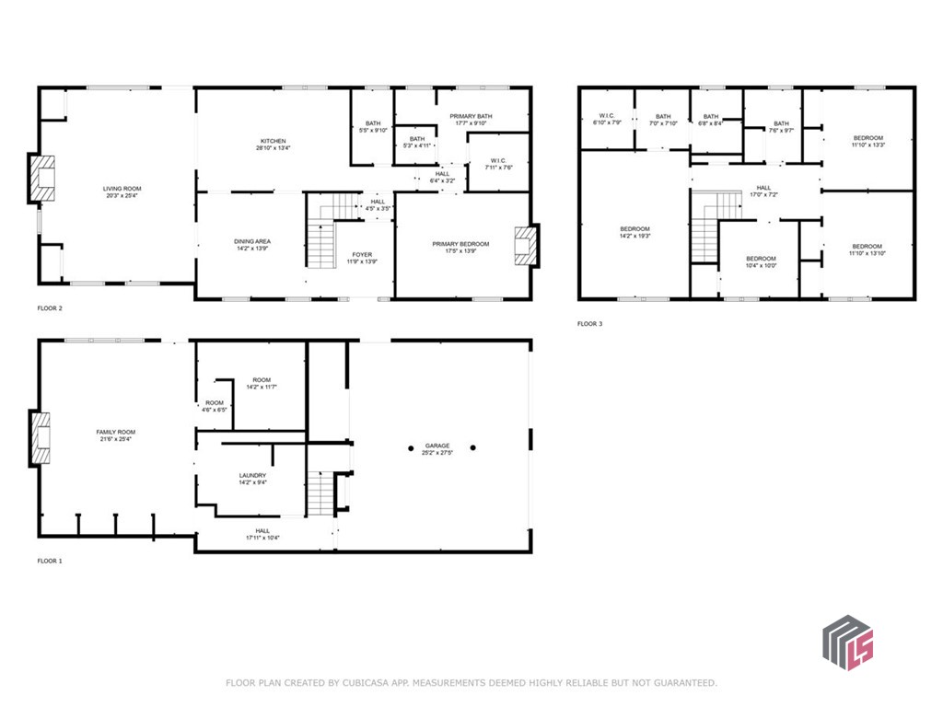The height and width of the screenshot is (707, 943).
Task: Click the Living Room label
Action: pyautogui.click(x=122, y=189)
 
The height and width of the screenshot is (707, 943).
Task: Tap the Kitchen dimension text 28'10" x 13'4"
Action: pyautogui.click(x=273, y=148)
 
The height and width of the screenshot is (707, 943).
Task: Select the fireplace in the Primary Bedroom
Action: pyautogui.click(x=525, y=246)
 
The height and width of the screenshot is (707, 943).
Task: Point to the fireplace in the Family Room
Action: pyautogui.click(x=42, y=437)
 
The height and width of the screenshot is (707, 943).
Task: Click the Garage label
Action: pyautogui.click(x=437, y=446)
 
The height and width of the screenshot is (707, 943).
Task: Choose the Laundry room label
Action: pyautogui.click(x=252, y=475)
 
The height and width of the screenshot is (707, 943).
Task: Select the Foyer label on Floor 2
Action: pyautogui.click(x=361, y=254)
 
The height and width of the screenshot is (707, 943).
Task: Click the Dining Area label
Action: pyautogui.click(x=251, y=241)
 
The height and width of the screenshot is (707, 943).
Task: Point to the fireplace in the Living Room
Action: pyautogui.click(x=43, y=178)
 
